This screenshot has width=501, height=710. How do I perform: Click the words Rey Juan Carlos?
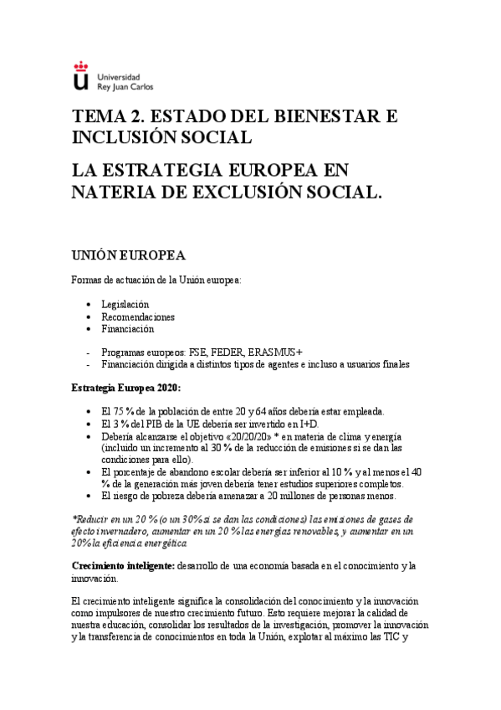(x=125, y=85)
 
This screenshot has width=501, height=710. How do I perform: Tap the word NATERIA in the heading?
(x=115, y=192)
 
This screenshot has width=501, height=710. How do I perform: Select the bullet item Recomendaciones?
(x=138, y=316)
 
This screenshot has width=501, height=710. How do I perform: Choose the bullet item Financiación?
(x=128, y=329)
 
